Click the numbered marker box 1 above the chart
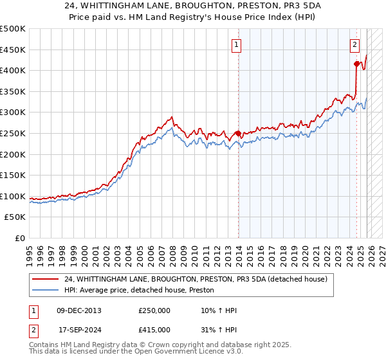pos(237,45)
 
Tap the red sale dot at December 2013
pos(238,134)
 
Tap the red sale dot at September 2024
pos(356,64)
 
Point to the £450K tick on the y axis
pos(13,50)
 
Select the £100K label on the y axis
pos(13,197)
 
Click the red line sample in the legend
pos(46,279)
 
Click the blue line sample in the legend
pos(46,291)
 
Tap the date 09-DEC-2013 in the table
pos(79,310)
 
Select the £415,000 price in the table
pos(154,329)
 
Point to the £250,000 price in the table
pos(154,310)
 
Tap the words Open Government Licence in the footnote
pos(174,352)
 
